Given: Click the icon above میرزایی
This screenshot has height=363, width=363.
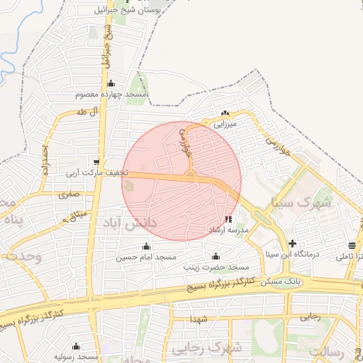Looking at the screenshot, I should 225,113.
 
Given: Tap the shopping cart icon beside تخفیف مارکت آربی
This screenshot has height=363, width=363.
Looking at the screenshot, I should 96,162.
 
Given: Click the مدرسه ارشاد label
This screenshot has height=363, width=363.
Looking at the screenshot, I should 226,230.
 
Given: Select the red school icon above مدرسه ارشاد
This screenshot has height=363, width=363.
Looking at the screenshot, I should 228,220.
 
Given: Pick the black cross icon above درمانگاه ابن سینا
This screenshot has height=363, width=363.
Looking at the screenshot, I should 291,242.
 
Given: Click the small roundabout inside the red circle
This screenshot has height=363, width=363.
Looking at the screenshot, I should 190,174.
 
